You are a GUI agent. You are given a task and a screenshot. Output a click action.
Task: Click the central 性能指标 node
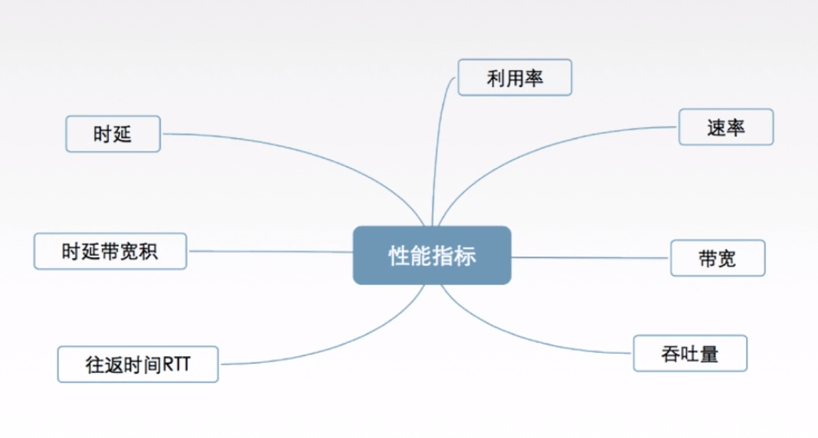tap(432, 256)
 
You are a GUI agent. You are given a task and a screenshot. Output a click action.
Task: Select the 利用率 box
tap(514, 77)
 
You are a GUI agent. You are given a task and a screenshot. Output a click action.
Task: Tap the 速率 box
tap(725, 127)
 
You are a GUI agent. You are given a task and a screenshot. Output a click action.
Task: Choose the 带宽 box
tap(717, 258)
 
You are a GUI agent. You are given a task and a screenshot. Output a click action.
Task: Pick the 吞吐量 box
tap(689, 354)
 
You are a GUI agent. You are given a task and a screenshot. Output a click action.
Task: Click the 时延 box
tap(113, 134)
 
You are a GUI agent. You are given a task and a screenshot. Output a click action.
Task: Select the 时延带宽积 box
tap(110, 251)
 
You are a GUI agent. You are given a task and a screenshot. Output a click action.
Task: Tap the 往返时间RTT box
tap(138, 364)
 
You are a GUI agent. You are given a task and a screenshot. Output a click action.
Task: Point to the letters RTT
tap(176, 365)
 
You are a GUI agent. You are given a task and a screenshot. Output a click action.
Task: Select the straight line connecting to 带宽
tap(590, 257)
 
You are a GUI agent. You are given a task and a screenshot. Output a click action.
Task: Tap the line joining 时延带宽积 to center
tap(268, 251)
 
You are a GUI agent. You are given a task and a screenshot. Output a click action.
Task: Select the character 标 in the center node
tap(465, 257)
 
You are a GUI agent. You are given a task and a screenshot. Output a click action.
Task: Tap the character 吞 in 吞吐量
tap(669, 355)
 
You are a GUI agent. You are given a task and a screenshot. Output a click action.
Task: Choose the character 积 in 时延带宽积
tap(149, 251)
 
